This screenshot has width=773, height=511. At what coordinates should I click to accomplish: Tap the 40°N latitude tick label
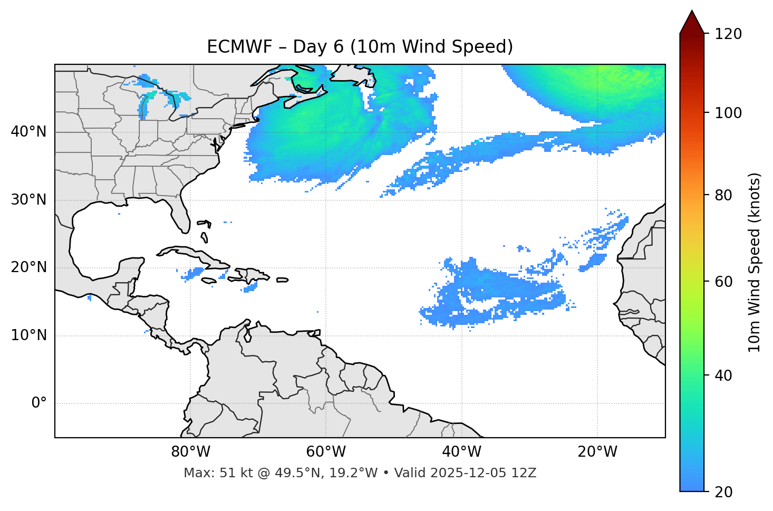(28, 132)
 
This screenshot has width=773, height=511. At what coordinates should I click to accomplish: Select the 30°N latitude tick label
(28, 200)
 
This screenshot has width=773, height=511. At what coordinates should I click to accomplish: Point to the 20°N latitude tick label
(28, 267)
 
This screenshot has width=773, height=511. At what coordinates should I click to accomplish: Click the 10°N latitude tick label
(28, 335)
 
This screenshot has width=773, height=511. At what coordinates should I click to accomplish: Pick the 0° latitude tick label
(39, 403)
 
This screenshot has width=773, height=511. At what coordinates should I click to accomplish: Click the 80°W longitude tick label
(190, 452)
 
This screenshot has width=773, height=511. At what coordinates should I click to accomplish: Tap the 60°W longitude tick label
(326, 452)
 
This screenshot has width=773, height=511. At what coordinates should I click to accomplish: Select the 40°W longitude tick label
(461, 452)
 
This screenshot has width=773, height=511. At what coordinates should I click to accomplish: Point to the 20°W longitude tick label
(597, 452)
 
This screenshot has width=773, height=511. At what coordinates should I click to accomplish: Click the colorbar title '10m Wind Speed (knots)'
(755, 263)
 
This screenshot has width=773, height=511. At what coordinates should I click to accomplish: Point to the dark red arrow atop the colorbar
(691, 22)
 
